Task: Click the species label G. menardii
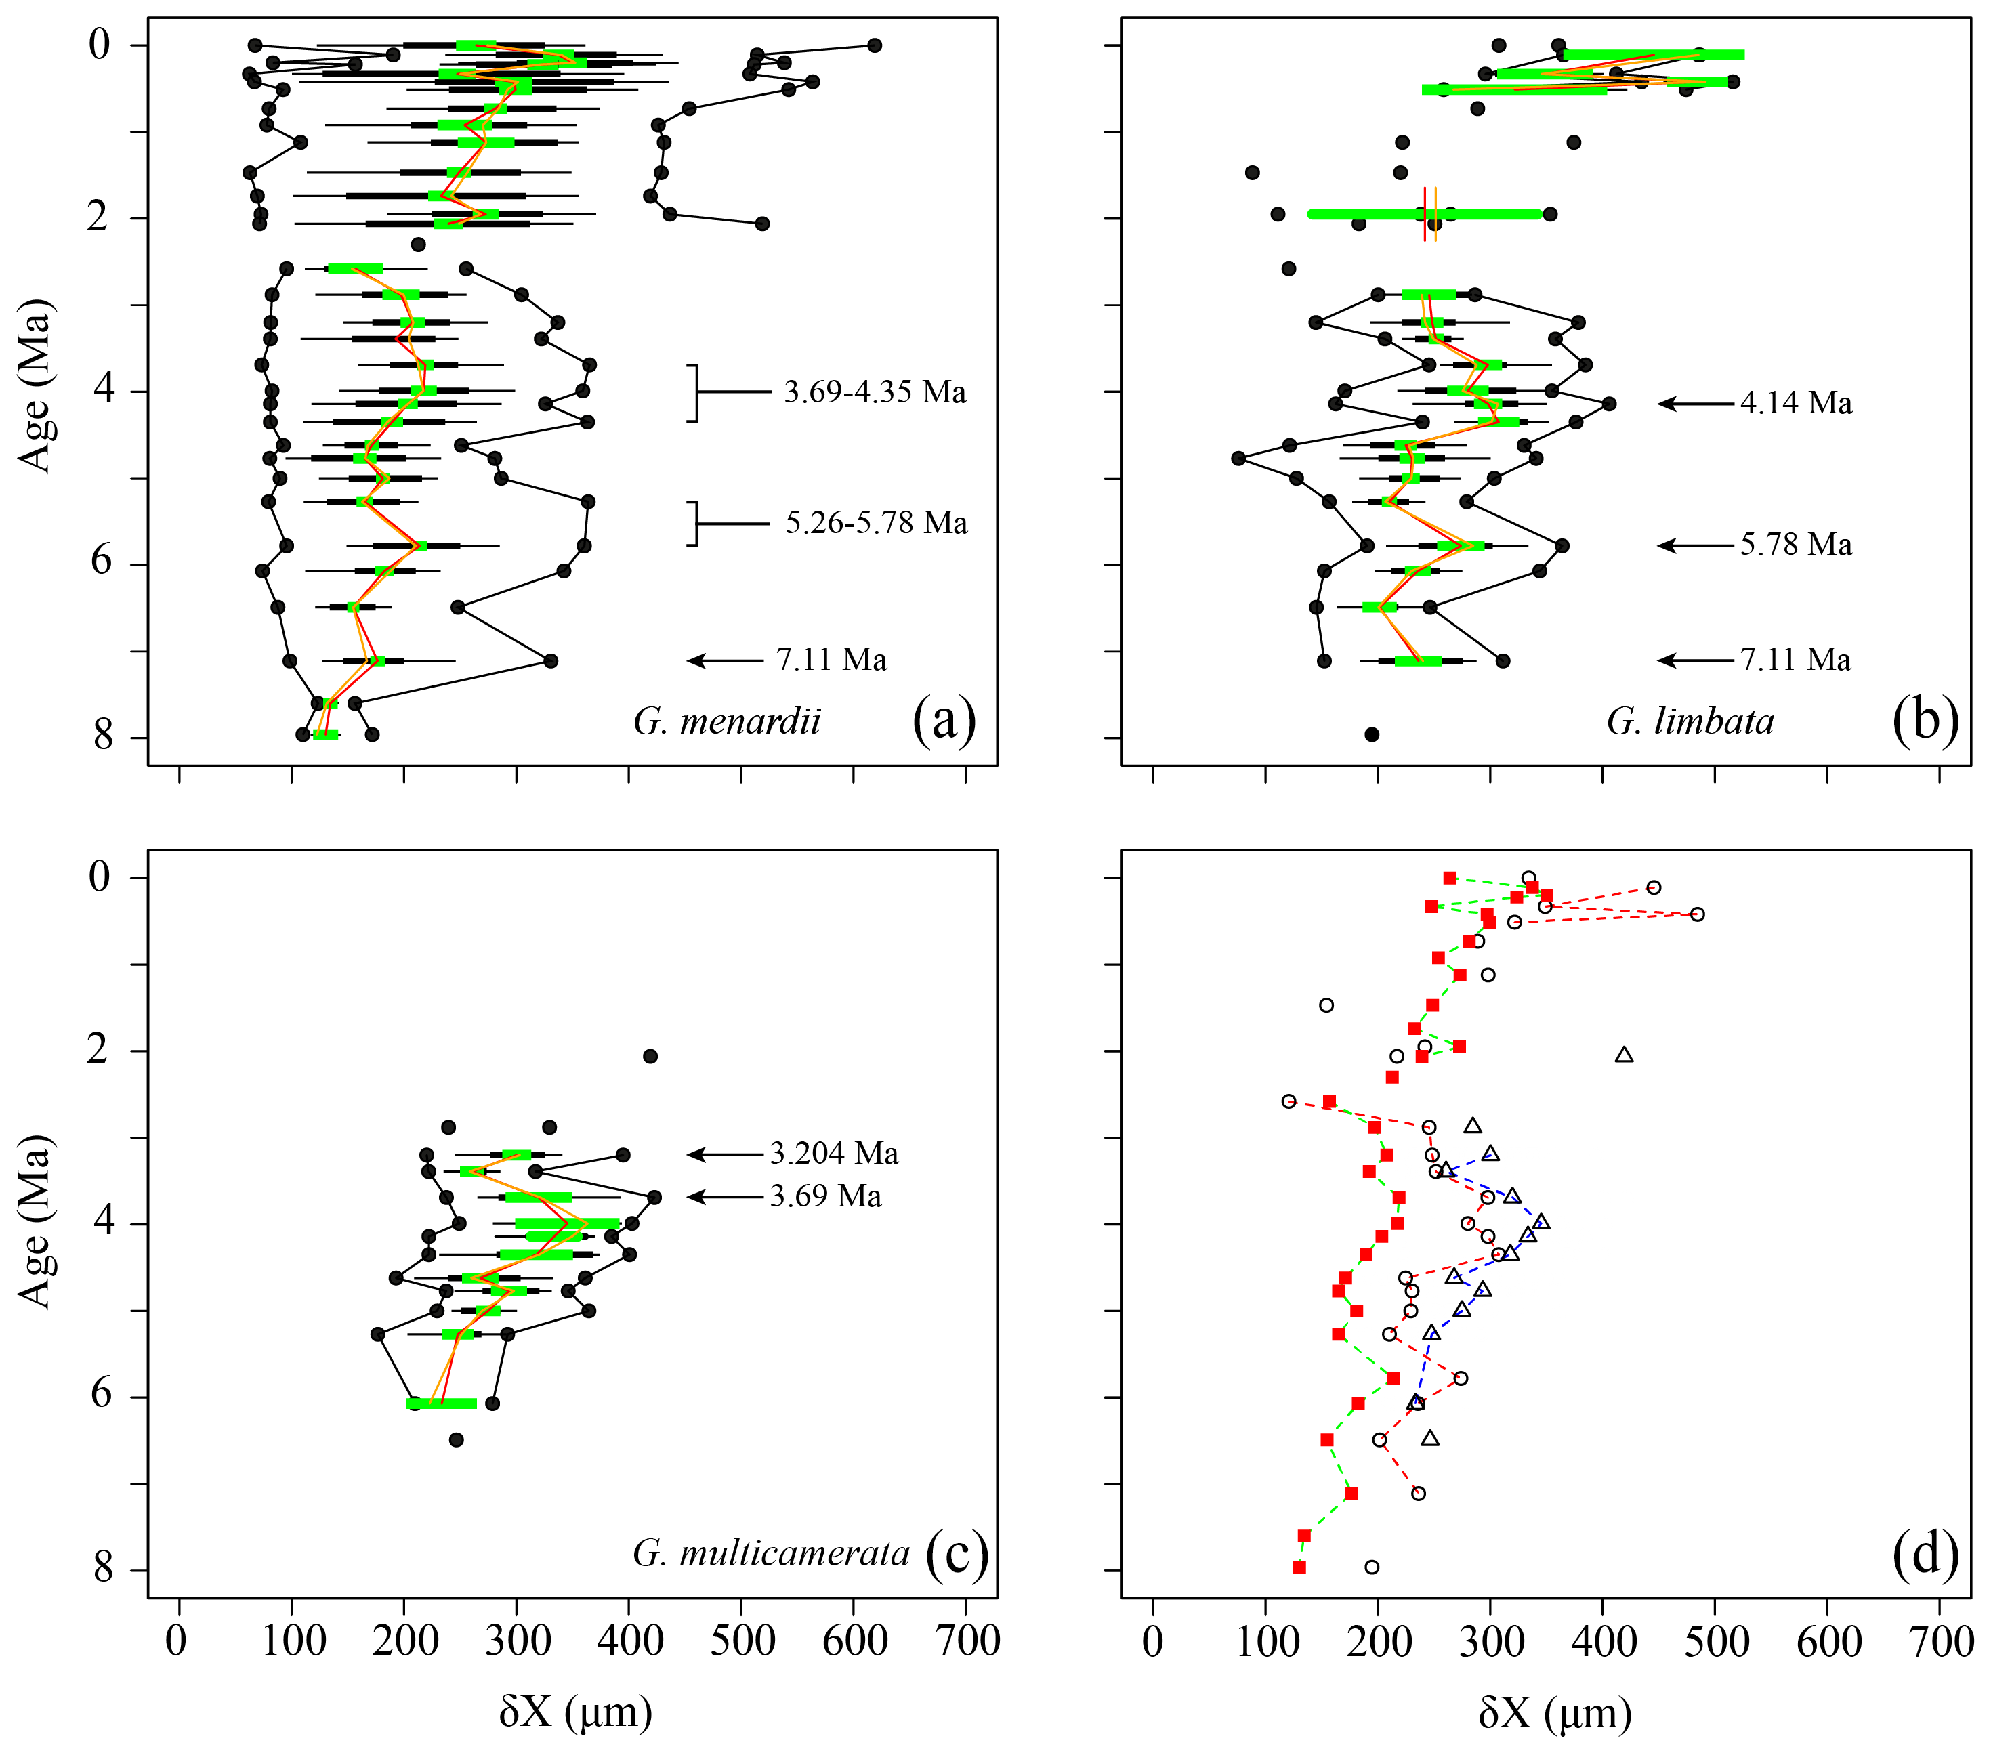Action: tap(727, 721)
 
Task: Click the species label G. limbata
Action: tap(1690, 721)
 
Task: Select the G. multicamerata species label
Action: tap(770, 1553)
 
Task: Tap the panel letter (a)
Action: tap(943, 721)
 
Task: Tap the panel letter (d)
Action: tap(1925, 1553)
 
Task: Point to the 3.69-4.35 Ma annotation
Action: tap(875, 392)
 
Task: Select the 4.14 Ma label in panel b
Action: tap(1796, 403)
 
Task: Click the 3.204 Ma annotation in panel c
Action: tap(834, 1154)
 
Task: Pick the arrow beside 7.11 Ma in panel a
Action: tap(726, 660)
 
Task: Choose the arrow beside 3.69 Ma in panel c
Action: tap(726, 1197)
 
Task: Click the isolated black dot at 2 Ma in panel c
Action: tap(650, 1057)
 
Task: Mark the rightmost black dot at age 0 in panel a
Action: tap(874, 45)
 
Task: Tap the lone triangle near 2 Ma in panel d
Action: tap(1624, 1055)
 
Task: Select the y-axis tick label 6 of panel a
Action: tap(100, 563)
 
